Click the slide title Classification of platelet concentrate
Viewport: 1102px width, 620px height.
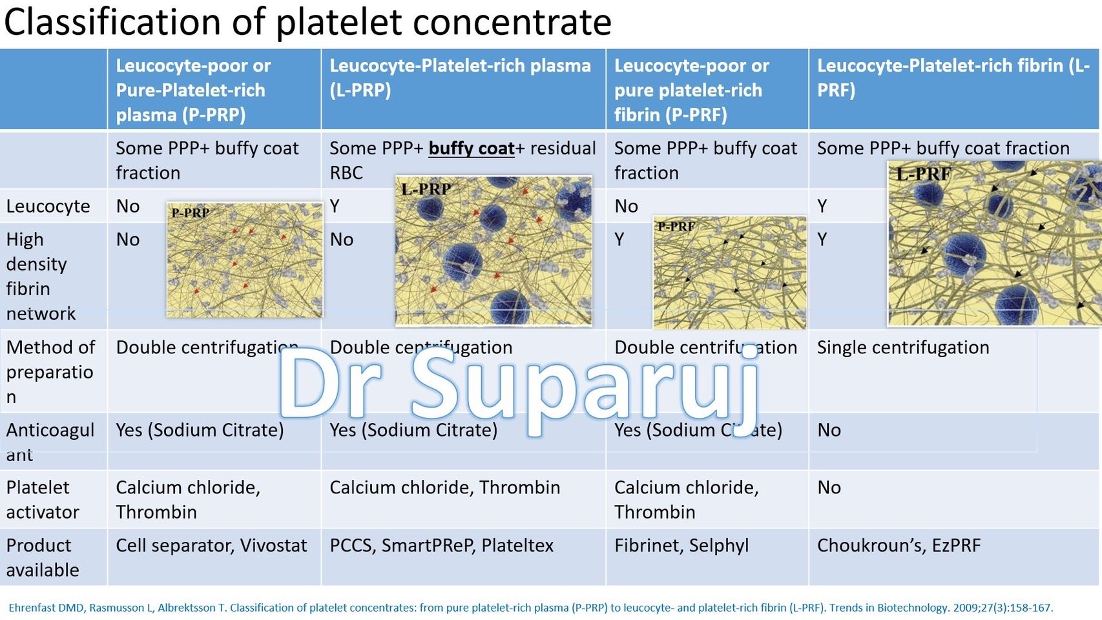307,22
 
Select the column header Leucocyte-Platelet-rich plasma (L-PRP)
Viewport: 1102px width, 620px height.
460,77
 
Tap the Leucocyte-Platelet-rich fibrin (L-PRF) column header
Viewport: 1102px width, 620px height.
953,77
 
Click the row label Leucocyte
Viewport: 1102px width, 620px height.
48,206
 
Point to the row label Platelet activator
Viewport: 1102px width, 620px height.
43,499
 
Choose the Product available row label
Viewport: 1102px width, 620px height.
43,557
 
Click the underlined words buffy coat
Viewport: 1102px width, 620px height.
472,149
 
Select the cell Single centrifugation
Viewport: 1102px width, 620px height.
902,347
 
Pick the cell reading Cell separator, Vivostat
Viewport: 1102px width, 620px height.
211,546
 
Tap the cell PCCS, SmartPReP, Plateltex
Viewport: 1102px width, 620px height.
441,546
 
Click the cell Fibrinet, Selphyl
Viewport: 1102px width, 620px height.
681,546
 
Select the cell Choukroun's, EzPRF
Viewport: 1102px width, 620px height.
899,546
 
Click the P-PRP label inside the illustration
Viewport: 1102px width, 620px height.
190,212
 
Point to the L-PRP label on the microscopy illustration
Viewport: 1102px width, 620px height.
426,189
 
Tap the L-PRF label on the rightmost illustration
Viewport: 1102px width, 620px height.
923,173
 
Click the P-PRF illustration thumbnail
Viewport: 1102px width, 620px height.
729,273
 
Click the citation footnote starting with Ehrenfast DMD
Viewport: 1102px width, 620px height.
530,608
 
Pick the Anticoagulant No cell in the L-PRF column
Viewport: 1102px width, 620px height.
829,430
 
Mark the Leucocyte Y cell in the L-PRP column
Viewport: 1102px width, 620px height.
335,206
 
